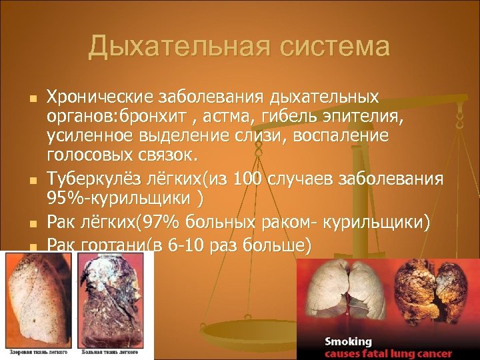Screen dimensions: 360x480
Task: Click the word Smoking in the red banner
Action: (349, 341)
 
